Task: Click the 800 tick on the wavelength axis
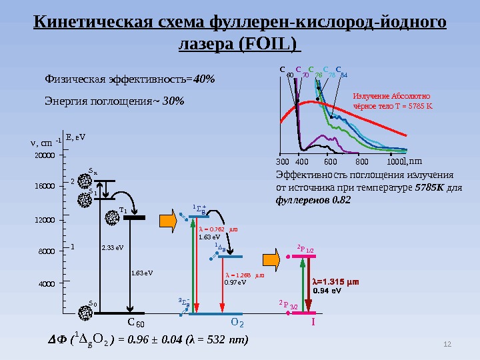point(362,161)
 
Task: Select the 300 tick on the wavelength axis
point(281,161)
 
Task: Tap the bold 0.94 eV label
point(327,291)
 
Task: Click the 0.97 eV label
point(235,282)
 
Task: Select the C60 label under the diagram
point(136,323)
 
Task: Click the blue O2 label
point(237,323)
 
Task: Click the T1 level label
point(123,211)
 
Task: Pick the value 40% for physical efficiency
point(204,79)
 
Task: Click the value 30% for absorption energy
point(173,101)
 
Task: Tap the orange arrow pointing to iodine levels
point(271,256)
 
